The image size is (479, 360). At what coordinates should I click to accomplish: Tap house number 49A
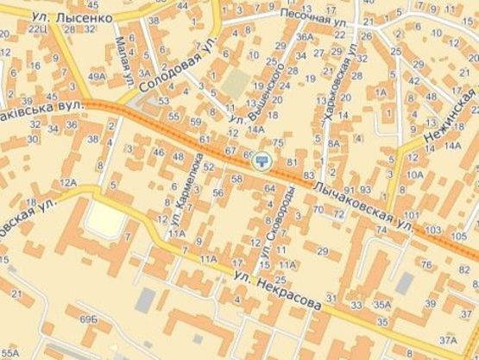[x=96, y=77]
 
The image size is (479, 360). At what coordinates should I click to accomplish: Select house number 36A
[x=305, y=37]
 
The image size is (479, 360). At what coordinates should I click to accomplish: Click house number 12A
[x=68, y=182]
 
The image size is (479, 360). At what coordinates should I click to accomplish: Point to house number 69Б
[x=88, y=319]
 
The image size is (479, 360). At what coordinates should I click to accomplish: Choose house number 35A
[x=381, y=304]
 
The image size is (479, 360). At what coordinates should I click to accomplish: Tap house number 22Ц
[x=38, y=28]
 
